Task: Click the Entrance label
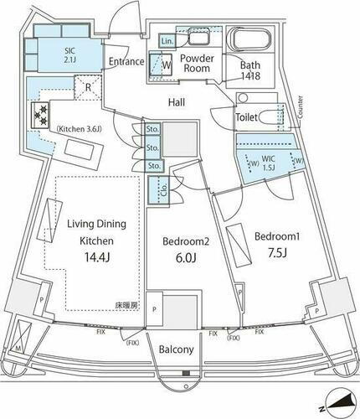[x=126, y=62]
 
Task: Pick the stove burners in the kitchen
[x=40, y=113]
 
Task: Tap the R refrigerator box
[x=86, y=86]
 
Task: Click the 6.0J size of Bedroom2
[x=178, y=258]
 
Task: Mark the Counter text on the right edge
[x=298, y=106]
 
